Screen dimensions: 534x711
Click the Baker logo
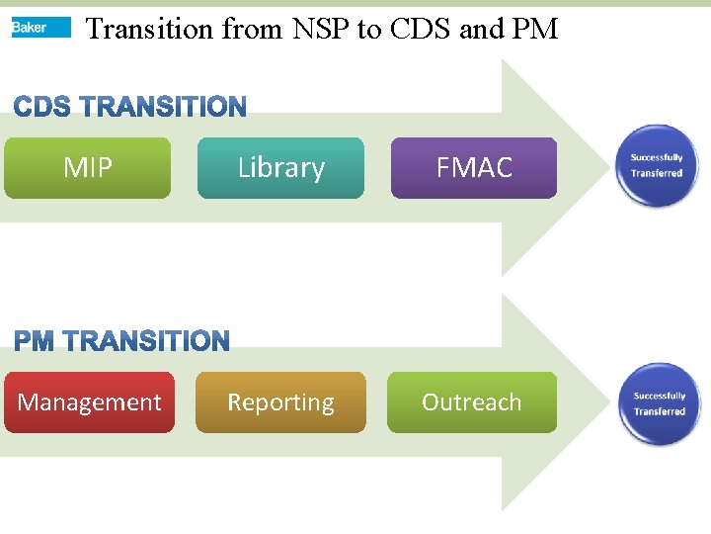tap(40, 28)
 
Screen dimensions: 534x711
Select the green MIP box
tap(87, 168)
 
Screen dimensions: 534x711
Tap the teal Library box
tap(280, 168)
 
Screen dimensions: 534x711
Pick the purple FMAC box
tap(474, 168)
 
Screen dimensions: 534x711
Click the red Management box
tap(89, 402)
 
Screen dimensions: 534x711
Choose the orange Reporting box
tap(280, 402)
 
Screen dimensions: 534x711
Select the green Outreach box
tap(472, 402)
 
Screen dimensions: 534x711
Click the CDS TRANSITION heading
tap(129, 107)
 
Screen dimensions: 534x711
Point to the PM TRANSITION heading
tap(121, 342)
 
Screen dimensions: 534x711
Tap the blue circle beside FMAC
tap(657, 165)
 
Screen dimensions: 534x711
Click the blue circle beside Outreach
tap(659, 403)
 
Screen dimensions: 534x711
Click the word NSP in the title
tap(321, 30)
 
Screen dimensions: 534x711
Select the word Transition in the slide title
tap(149, 30)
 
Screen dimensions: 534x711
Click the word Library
tap(280, 168)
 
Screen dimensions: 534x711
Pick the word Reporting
tap(280, 402)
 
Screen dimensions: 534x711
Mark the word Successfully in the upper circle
tap(657, 158)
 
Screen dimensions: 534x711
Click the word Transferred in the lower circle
tap(659, 411)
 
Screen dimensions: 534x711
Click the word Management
tap(89, 402)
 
